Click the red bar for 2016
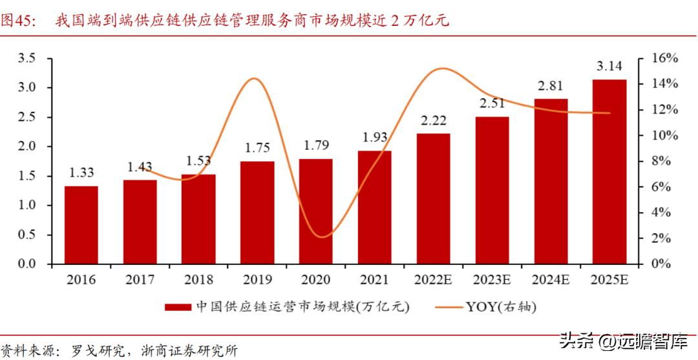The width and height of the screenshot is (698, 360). pyautogui.click(x=81, y=225)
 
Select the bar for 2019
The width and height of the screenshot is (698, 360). pyautogui.click(x=257, y=213)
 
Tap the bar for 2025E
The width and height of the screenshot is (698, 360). pyautogui.click(x=609, y=172)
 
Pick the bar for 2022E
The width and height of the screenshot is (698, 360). pyautogui.click(x=434, y=199)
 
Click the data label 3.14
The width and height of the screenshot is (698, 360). pyautogui.click(x=609, y=66)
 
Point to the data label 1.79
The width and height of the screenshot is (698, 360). pyautogui.click(x=316, y=145)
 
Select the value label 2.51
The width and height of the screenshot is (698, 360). pyautogui.click(x=492, y=103)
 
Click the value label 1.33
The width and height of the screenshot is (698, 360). pyautogui.click(x=81, y=172)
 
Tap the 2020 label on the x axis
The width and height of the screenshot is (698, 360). pyautogui.click(x=316, y=280)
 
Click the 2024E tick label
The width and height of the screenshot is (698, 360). pyautogui.click(x=551, y=280)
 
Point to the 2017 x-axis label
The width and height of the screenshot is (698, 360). pyautogui.click(x=140, y=280)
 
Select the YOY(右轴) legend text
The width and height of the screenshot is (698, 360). pyautogui.click(x=501, y=307)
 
